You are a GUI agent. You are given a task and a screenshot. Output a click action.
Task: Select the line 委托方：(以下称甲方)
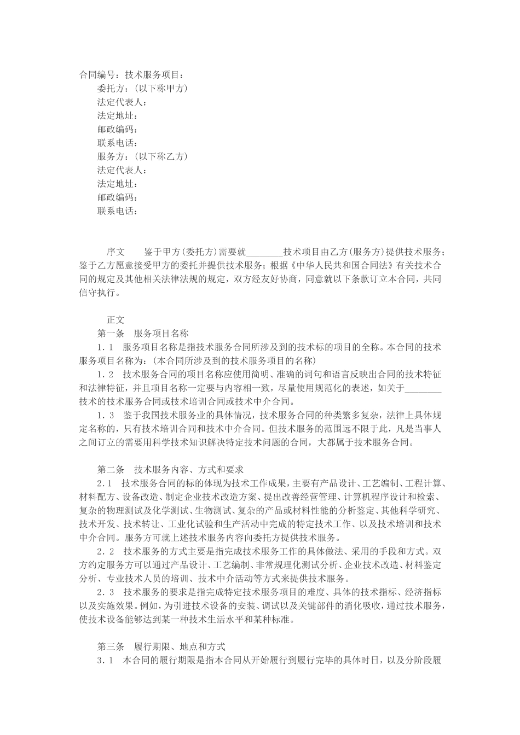pos(142,89)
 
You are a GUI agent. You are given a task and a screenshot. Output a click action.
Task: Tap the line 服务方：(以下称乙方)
pos(142,157)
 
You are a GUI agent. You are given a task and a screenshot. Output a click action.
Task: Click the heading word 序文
pos(115,252)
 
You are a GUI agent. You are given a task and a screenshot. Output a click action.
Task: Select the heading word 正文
pos(115,320)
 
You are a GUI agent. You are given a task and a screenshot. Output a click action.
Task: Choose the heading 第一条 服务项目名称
pos(143,334)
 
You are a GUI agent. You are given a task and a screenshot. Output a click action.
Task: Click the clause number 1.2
pos(105,375)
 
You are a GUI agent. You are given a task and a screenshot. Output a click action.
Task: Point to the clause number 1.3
pos(105,416)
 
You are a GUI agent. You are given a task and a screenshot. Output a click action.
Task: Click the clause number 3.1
pos(105,660)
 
